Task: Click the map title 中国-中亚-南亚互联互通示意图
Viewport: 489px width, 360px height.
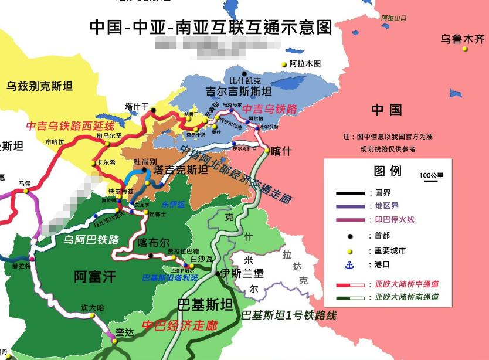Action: pos(210,27)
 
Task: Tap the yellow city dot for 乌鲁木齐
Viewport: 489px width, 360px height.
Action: pos(465,49)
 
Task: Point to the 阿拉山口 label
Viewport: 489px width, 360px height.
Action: pos(393,18)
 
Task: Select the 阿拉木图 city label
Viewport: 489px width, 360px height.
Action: pos(305,63)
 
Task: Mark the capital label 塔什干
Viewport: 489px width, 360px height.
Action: pos(137,106)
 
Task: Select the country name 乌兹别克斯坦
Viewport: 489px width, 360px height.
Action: pos(40,86)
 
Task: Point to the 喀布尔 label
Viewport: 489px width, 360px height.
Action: pos(153,242)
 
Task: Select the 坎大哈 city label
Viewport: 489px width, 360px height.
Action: pos(92,308)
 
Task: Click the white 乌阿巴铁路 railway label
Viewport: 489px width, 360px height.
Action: pos(91,239)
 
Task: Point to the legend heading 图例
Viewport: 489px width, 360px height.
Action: pos(388,171)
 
